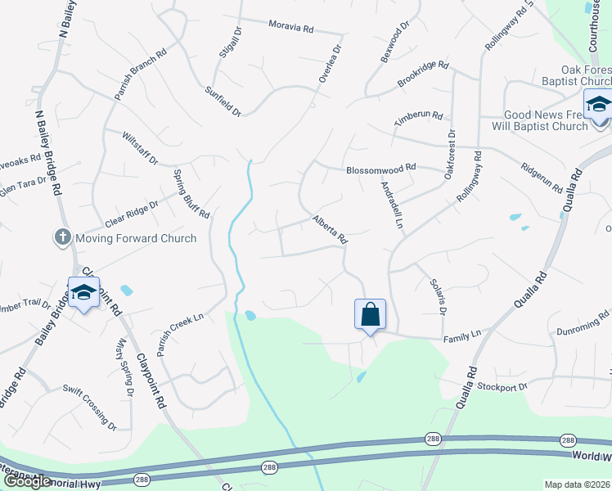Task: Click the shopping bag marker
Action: tap(370, 314)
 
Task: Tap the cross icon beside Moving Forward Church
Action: tap(61, 238)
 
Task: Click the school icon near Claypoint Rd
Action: tap(83, 293)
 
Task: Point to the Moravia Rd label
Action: tap(291, 28)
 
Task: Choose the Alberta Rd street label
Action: tap(331, 230)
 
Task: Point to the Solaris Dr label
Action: tap(438, 296)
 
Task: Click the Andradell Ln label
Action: tap(392, 205)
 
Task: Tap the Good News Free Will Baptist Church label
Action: tap(547, 121)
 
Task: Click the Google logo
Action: tap(27, 481)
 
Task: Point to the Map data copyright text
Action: tap(577, 484)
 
